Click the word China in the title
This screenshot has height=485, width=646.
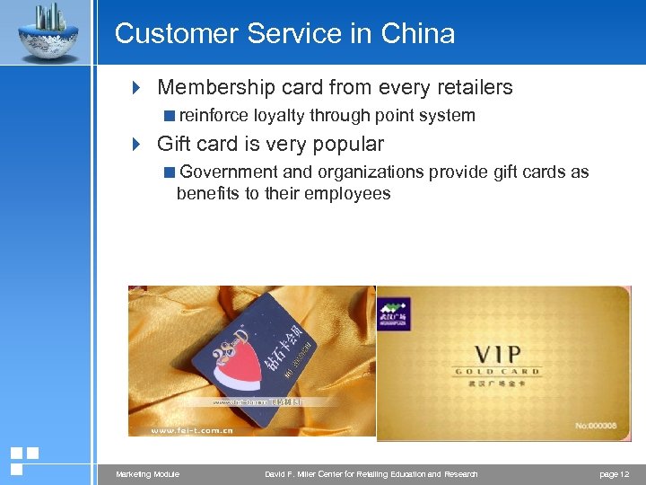coord(418,34)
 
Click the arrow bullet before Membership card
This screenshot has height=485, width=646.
coord(136,88)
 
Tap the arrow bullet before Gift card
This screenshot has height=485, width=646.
coord(136,145)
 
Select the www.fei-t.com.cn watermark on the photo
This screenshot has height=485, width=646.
coord(193,431)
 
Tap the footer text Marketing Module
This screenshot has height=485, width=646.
coord(148,474)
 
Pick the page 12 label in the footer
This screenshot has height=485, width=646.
coord(614,474)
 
